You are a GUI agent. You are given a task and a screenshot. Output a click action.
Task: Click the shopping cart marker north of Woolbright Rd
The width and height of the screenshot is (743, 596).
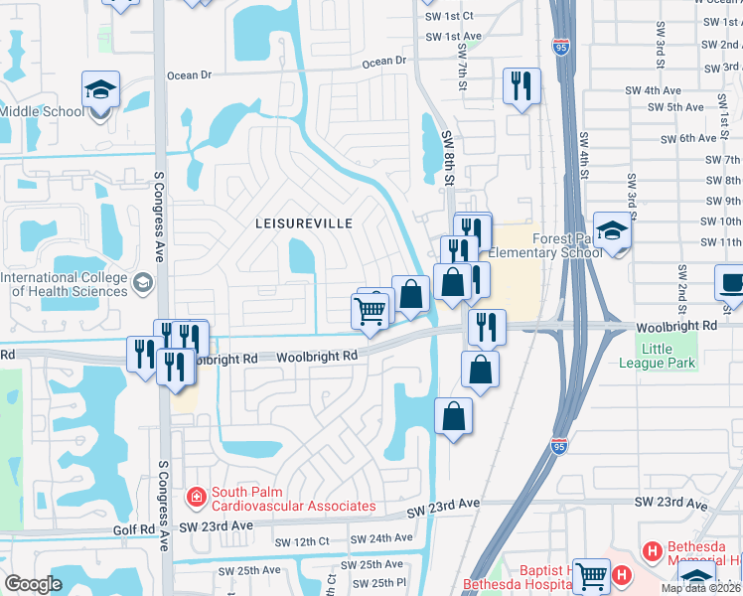click(x=371, y=311)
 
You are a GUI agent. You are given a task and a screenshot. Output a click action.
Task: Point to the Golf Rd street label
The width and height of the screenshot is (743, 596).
click(x=134, y=531)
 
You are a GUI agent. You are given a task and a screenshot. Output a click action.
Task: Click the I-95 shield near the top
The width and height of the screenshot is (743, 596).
click(x=562, y=46)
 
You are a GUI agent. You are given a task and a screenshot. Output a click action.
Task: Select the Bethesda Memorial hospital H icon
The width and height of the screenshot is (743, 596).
click(x=652, y=549)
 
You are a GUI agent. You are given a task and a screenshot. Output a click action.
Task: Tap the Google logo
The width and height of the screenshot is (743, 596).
click(x=34, y=584)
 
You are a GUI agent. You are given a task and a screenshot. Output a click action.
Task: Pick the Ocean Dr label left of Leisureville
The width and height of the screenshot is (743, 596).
click(x=190, y=74)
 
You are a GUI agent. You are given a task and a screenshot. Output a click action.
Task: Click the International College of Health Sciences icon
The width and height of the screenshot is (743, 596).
click(x=143, y=284)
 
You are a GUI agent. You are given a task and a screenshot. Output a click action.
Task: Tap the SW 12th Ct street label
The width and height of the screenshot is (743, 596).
click(x=302, y=541)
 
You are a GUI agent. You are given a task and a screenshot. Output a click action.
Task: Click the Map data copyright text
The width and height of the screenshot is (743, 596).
click(x=701, y=588)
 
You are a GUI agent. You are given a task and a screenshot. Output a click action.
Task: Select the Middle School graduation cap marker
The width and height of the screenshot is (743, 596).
click(x=100, y=90)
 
